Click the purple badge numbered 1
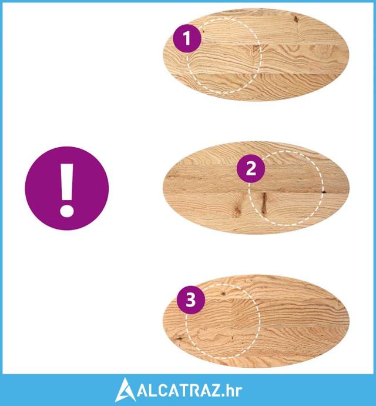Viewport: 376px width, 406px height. point(187,39)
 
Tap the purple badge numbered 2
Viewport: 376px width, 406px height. point(251,168)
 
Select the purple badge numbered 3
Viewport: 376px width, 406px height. point(191,300)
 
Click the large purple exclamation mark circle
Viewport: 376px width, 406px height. point(67,188)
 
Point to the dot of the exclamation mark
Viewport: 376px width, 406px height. point(67,210)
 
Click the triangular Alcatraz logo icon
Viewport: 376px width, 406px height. point(125,390)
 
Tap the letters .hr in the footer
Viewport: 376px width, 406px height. point(231,391)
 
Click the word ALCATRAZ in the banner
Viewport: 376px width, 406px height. point(179,391)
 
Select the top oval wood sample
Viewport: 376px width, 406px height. point(256,54)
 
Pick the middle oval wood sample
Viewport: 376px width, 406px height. point(256,188)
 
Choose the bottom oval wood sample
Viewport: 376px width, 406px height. point(256,321)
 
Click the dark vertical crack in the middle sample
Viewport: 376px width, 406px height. point(264,203)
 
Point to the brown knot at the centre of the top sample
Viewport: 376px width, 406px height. point(256,48)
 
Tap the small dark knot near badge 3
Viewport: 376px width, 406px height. point(223,294)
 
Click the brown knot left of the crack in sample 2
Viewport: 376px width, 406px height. point(238,207)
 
